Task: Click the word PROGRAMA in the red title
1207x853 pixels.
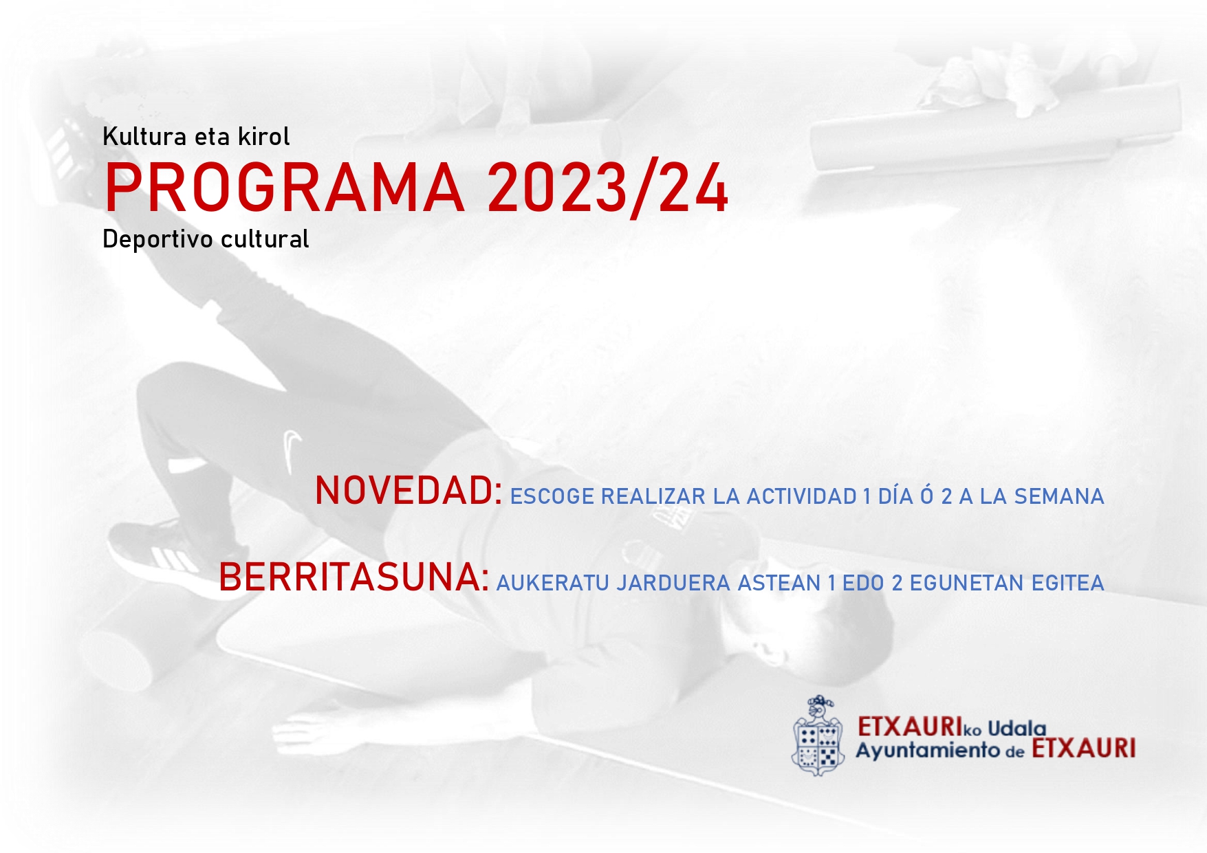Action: [284, 188]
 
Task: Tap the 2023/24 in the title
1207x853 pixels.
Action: [607, 189]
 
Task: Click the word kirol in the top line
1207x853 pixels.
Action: [263, 136]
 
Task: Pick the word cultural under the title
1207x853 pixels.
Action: [264, 239]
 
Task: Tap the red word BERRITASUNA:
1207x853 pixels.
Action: [354, 577]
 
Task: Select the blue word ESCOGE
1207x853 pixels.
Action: [552, 496]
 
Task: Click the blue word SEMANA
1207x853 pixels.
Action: [1059, 496]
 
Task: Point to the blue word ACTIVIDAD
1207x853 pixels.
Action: [801, 496]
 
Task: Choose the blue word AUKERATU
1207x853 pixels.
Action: [553, 583]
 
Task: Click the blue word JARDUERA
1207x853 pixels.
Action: [673, 583]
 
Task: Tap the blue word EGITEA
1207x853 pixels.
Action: [1068, 583]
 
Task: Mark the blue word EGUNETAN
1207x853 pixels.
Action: [967, 583]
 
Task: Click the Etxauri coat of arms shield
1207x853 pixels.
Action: [818, 735]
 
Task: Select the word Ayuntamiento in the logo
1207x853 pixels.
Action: [927, 751]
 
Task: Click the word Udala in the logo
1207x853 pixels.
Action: [1016, 728]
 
